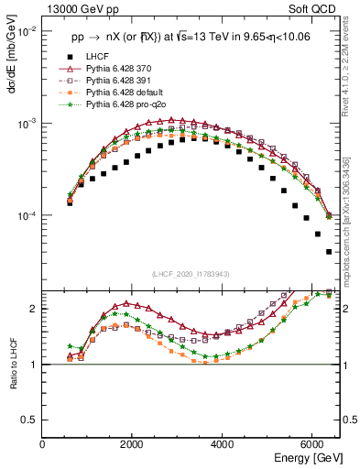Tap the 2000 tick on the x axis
(132, 444)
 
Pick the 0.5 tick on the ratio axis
(31, 420)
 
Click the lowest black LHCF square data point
(329, 252)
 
